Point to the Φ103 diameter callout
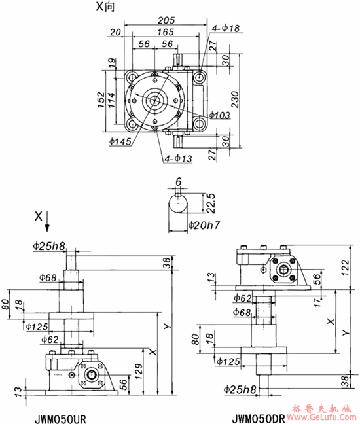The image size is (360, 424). tap(221, 115)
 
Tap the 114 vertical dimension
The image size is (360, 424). tap(114, 99)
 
